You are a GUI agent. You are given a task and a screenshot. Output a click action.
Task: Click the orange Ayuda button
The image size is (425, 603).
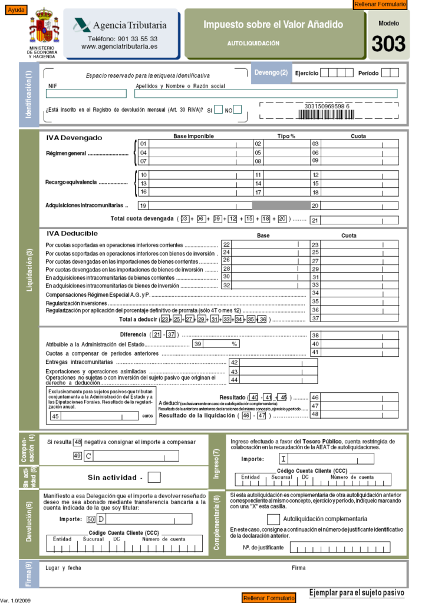15,10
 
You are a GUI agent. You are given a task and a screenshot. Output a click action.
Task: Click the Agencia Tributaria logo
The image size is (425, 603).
120,25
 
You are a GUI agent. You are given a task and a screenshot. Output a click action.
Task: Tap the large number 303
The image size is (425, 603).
388,44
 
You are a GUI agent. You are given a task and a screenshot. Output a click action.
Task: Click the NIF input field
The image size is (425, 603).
86,94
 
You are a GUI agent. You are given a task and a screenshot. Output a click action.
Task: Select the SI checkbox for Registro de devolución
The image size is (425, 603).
218,110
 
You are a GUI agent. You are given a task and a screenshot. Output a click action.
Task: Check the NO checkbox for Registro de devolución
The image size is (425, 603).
238,110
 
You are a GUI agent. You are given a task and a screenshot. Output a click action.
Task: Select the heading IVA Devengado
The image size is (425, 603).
74,138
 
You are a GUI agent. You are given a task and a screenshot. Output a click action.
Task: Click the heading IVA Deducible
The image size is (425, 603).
72,234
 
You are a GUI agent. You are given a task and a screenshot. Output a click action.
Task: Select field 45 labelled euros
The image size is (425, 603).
94,416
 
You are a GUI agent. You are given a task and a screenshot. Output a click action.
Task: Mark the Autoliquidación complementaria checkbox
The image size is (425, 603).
273,519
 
